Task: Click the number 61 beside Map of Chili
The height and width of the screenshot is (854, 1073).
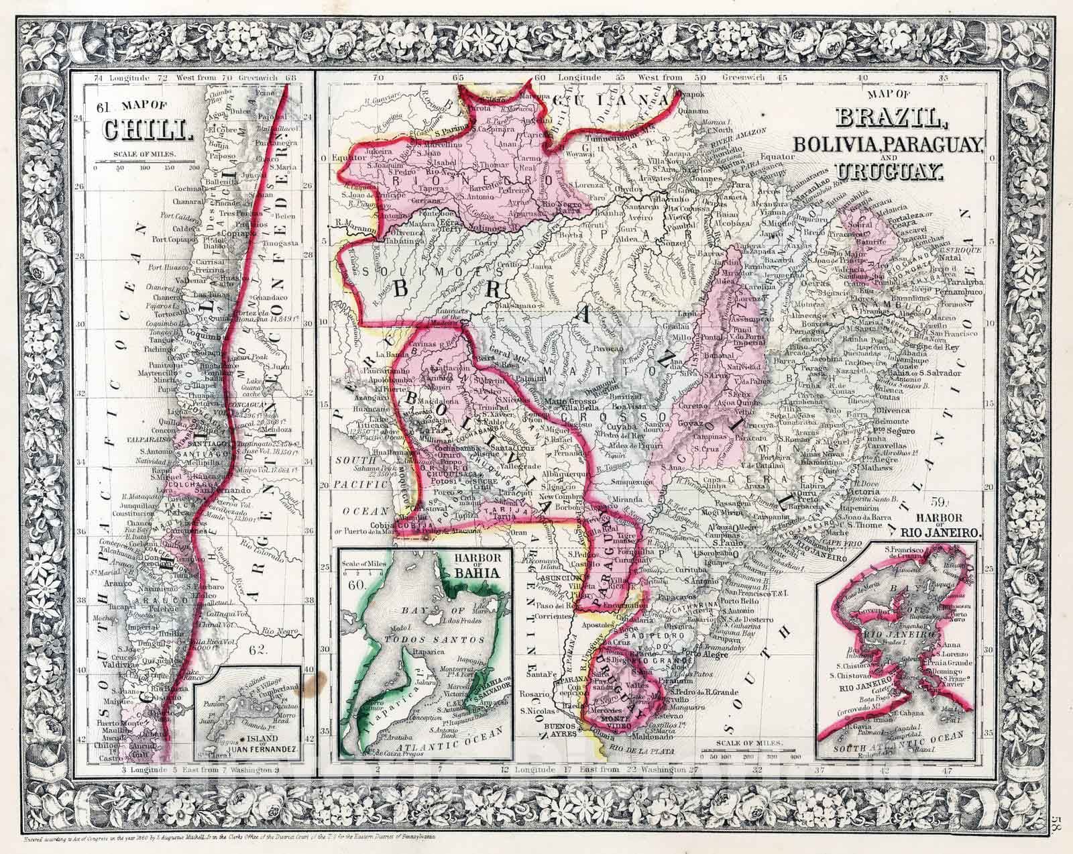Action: coord(102,107)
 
